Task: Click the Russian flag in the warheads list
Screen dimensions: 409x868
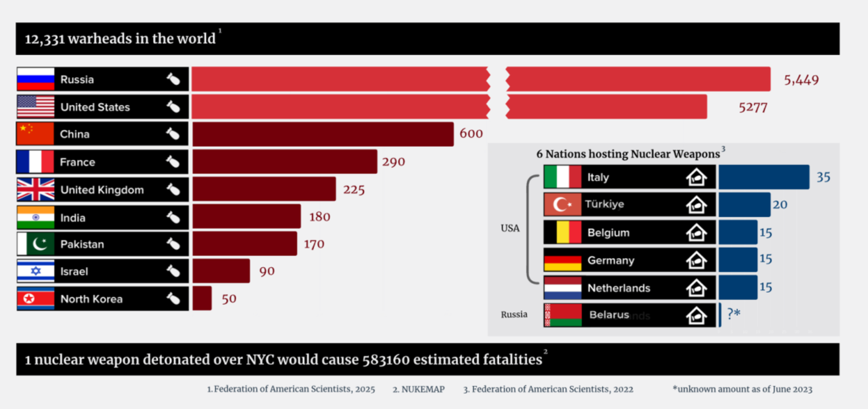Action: tap(36, 79)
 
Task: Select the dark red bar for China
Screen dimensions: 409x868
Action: tap(323, 134)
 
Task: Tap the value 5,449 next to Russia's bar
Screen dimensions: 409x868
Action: tap(801, 80)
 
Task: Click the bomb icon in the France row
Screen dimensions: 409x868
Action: tap(173, 162)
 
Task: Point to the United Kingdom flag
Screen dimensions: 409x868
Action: tap(36, 190)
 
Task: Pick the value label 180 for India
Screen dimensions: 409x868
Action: tap(320, 217)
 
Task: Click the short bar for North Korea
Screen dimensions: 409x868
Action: tap(202, 299)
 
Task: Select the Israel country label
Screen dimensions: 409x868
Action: tap(74, 272)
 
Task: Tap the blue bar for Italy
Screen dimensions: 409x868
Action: tap(763, 177)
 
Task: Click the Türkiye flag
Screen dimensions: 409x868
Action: tap(563, 205)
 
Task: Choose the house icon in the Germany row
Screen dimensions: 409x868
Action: tap(696, 261)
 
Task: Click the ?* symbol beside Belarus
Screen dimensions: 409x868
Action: tap(733, 313)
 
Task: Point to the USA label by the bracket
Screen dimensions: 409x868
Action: tap(510, 228)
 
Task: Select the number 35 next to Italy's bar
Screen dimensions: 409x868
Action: tap(823, 177)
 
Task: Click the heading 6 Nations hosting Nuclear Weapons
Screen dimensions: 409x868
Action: tap(628, 154)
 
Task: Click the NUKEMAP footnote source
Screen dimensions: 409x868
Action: tap(418, 389)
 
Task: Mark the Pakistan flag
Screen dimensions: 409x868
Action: tap(36, 244)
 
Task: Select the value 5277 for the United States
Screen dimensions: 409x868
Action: tap(752, 108)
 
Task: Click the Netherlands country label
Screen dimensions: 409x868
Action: tap(618, 288)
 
